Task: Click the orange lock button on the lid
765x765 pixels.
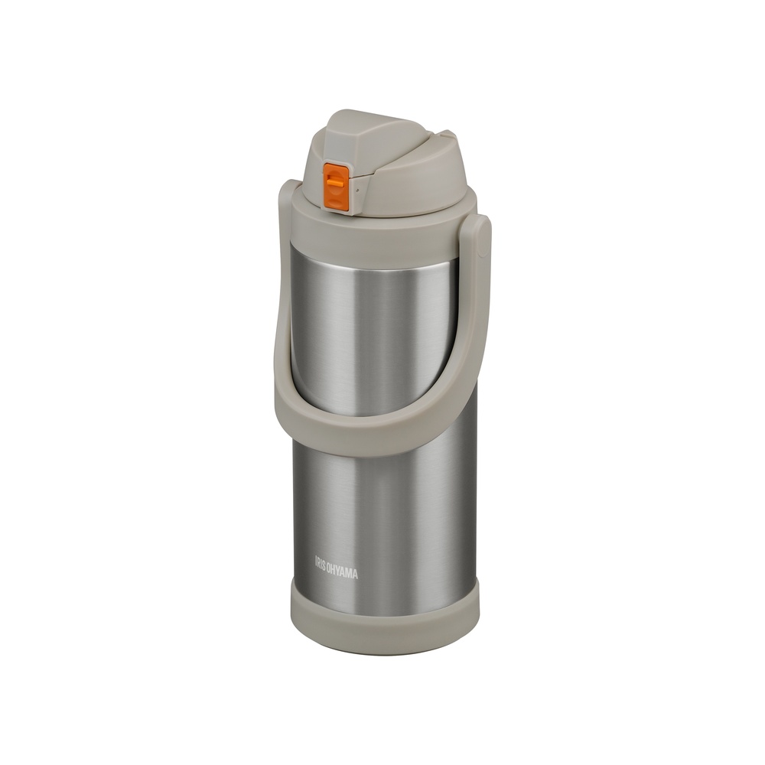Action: (336, 188)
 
